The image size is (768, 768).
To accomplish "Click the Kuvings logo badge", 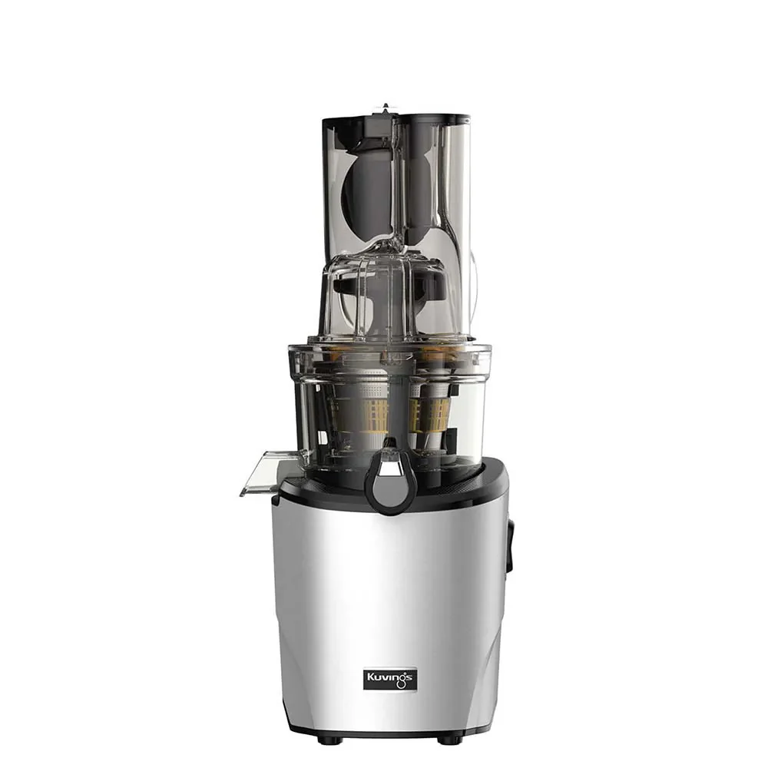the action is pyautogui.click(x=390, y=678).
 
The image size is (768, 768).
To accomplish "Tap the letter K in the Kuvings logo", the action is pyautogui.click(x=371, y=677).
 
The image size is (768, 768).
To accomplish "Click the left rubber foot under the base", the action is pyautogui.click(x=324, y=739).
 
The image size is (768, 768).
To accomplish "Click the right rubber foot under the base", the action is pyautogui.click(x=447, y=739).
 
